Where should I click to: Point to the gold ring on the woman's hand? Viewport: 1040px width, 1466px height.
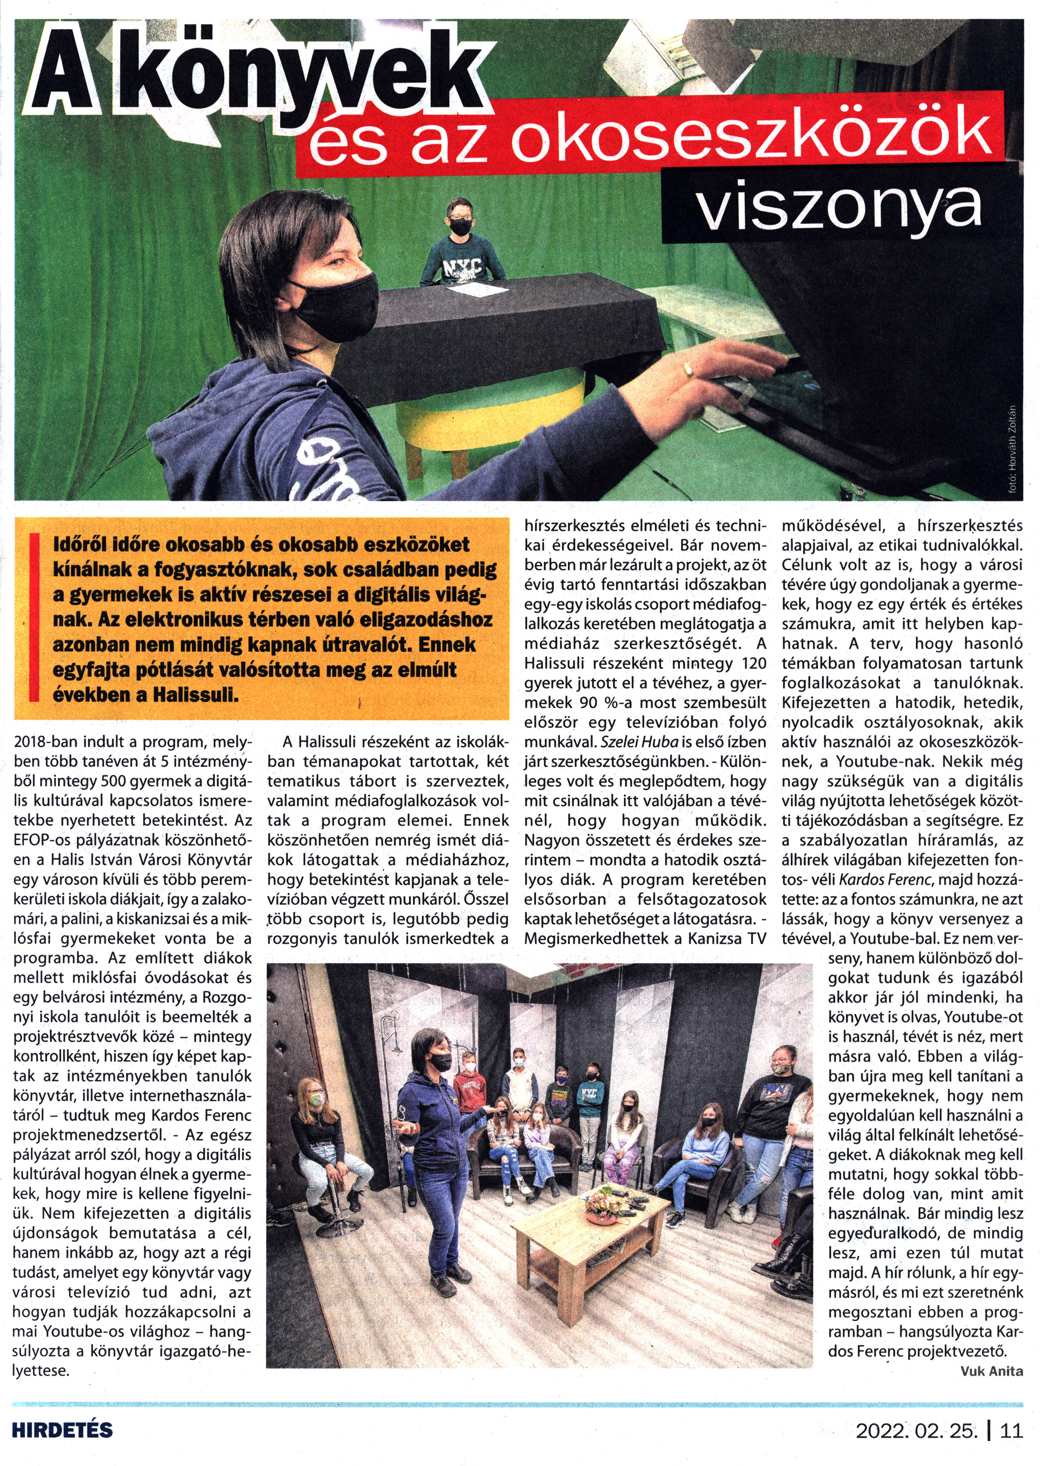(688, 370)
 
